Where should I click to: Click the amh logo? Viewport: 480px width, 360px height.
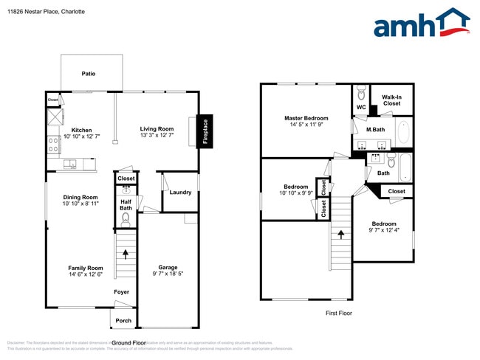(x=421, y=24)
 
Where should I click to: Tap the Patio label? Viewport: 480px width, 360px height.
(x=89, y=74)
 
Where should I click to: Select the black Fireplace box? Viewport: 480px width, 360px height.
(x=206, y=132)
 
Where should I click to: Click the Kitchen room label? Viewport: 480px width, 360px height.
(x=81, y=130)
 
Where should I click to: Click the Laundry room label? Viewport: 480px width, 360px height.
(x=180, y=193)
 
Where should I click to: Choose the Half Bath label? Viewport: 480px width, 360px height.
(x=126, y=204)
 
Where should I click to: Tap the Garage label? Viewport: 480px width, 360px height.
(x=168, y=267)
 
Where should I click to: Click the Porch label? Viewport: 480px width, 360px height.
(x=123, y=320)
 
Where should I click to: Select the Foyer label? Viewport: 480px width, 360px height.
(x=122, y=292)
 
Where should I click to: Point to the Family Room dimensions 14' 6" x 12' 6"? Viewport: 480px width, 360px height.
(x=86, y=275)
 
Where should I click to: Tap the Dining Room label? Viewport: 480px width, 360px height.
(x=80, y=197)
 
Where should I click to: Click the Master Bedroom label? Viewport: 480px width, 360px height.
(x=306, y=118)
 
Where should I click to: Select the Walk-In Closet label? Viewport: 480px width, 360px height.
(x=391, y=100)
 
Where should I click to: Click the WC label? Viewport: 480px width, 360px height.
(x=361, y=108)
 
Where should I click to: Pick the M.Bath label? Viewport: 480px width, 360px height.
(x=376, y=130)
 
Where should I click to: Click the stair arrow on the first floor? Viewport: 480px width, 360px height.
(x=341, y=235)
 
